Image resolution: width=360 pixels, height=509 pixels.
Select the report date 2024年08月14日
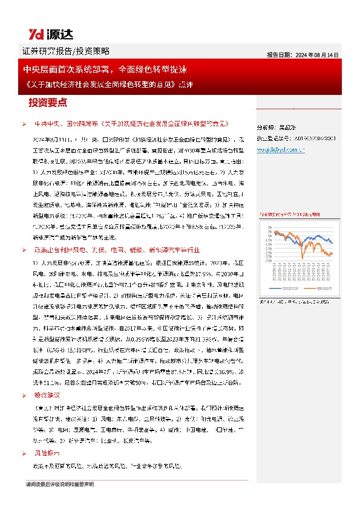(303, 54)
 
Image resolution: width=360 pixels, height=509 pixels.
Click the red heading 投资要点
(48, 102)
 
